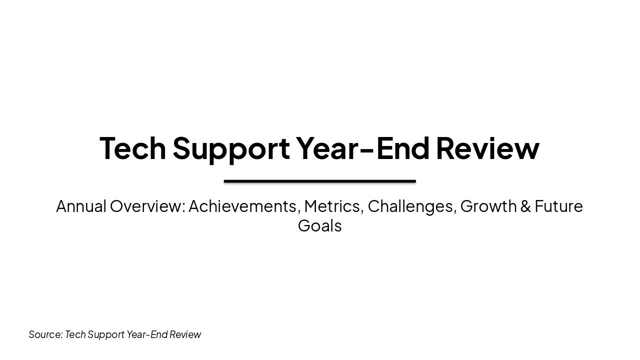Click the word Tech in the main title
click(132, 148)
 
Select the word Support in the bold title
click(231, 148)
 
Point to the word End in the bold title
click(402, 148)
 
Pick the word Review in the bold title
click(487, 148)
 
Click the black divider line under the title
click(320, 181)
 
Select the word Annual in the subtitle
click(81, 206)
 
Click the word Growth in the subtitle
click(488, 206)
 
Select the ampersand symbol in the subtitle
click(525, 206)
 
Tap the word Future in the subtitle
click(558, 206)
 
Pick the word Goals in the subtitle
click(319, 225)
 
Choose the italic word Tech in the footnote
click(75, 334)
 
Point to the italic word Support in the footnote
click(106, 334)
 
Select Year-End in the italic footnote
click(147, 334)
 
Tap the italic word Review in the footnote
click(185, 334)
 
